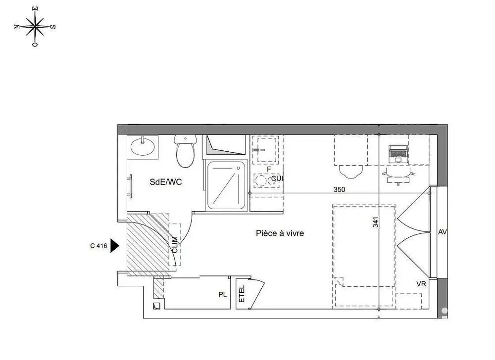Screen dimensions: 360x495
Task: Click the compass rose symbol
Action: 35,27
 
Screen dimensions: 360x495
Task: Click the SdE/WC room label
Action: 166,182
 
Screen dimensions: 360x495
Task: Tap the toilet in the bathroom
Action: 186,152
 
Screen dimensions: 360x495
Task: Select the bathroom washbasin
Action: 143,146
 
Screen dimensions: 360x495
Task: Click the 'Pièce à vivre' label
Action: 280,233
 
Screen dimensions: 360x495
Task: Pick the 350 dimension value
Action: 339,189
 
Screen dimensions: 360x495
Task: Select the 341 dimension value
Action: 376,223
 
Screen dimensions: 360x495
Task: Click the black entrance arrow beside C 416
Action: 115,245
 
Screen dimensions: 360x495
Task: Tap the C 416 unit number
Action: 99,245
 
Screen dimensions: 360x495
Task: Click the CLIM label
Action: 175,244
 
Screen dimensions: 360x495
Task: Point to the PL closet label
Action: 223,295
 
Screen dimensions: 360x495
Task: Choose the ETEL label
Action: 242,295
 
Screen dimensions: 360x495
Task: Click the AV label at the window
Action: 443,232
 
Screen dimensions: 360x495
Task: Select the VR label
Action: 421,284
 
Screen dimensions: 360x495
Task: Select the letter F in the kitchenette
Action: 268,169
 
